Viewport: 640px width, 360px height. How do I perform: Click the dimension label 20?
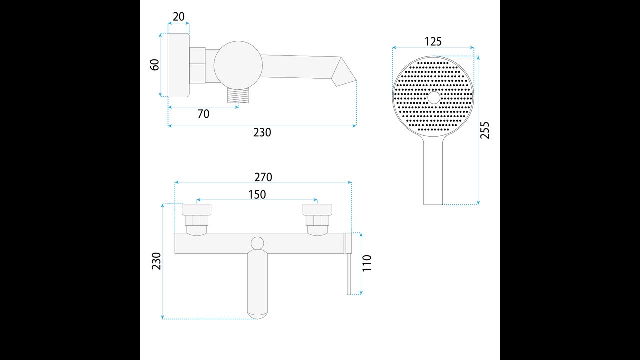[179, 17]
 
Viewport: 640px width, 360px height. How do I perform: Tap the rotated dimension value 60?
[155, 65]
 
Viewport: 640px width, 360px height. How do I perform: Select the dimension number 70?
[203, 114]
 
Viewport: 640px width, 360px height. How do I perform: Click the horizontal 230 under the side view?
[262, 133]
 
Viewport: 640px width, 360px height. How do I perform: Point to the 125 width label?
[433, 42]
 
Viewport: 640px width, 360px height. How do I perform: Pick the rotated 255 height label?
[485, 130]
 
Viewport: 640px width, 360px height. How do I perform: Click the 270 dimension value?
[263, 177]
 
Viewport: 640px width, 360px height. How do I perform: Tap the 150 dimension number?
[257, 195]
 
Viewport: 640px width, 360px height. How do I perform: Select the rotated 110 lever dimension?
[367, 263]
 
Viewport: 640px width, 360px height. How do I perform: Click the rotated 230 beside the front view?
[157, 261]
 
